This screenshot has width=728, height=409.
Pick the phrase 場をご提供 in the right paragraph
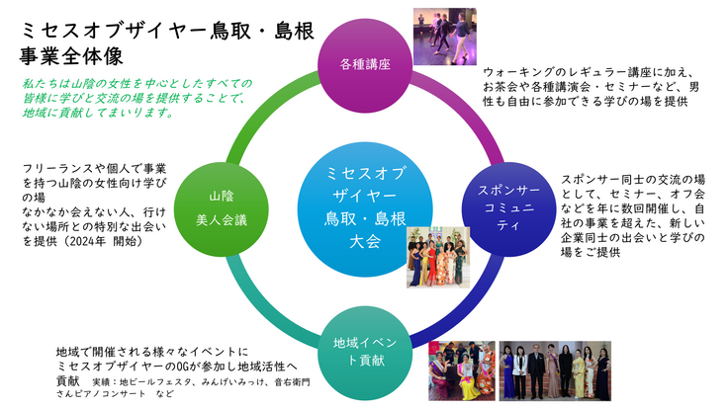594,252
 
